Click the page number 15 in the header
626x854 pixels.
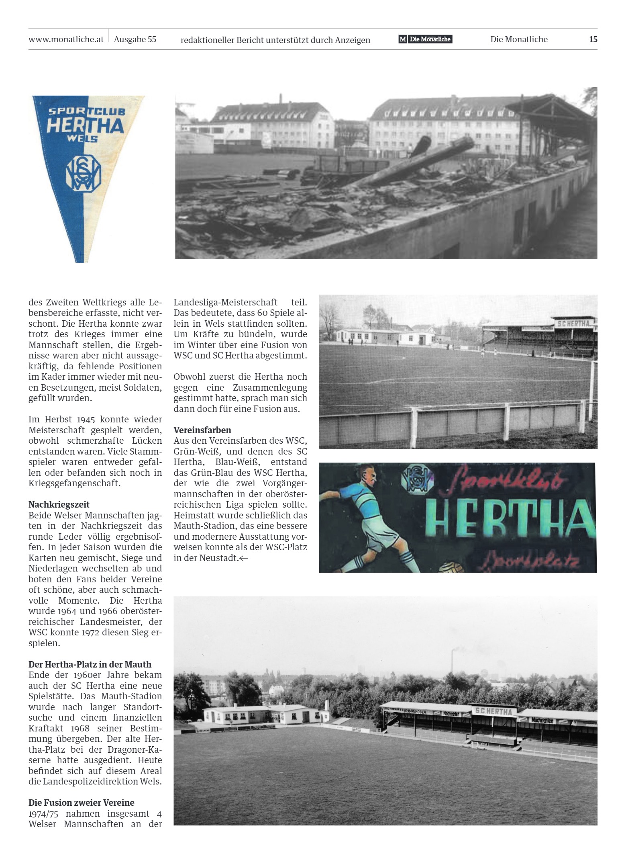click(593, 39)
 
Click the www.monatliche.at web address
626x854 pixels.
click(66, 39)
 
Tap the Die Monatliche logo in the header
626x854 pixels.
click(425, 39)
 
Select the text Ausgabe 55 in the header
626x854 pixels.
click(135, 39)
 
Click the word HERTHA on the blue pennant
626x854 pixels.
click(85, 126)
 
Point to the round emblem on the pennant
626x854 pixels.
click(83, 173)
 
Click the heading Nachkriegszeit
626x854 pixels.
click(59, 504)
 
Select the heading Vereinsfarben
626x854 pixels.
click(202, 430)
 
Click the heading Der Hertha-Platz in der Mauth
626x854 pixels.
click(90, 664)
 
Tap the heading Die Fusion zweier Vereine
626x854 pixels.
click(82, 803)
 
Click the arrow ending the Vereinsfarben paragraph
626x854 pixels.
click(244, 558)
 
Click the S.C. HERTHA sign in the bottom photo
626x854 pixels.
click(493, 711)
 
